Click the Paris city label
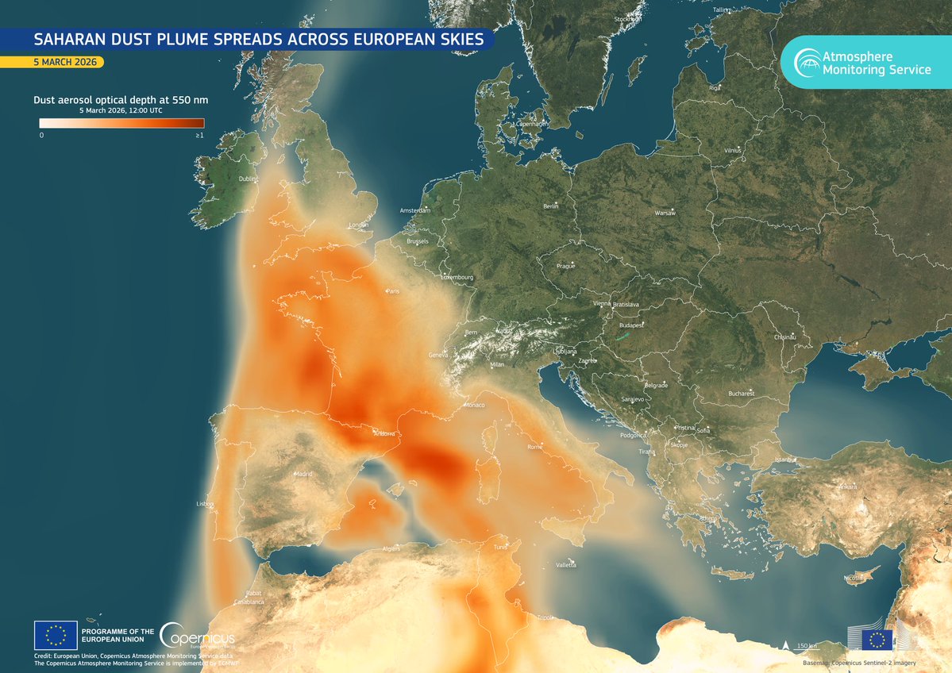coord(392,292)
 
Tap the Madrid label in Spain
coord(303,474)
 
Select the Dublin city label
coord(249,179)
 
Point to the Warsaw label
coord(665,213)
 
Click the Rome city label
coord(534,448)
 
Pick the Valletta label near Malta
coord(566,565)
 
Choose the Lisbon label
coord(205,504)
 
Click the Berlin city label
coord(551,206)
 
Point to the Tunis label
coord(499,548)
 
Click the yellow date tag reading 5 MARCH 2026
coord(52,62)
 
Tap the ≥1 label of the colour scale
coord(199,136)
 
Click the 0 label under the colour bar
coord(41,136)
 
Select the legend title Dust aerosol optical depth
coord(121,101)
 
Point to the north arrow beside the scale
coord(785,645)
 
